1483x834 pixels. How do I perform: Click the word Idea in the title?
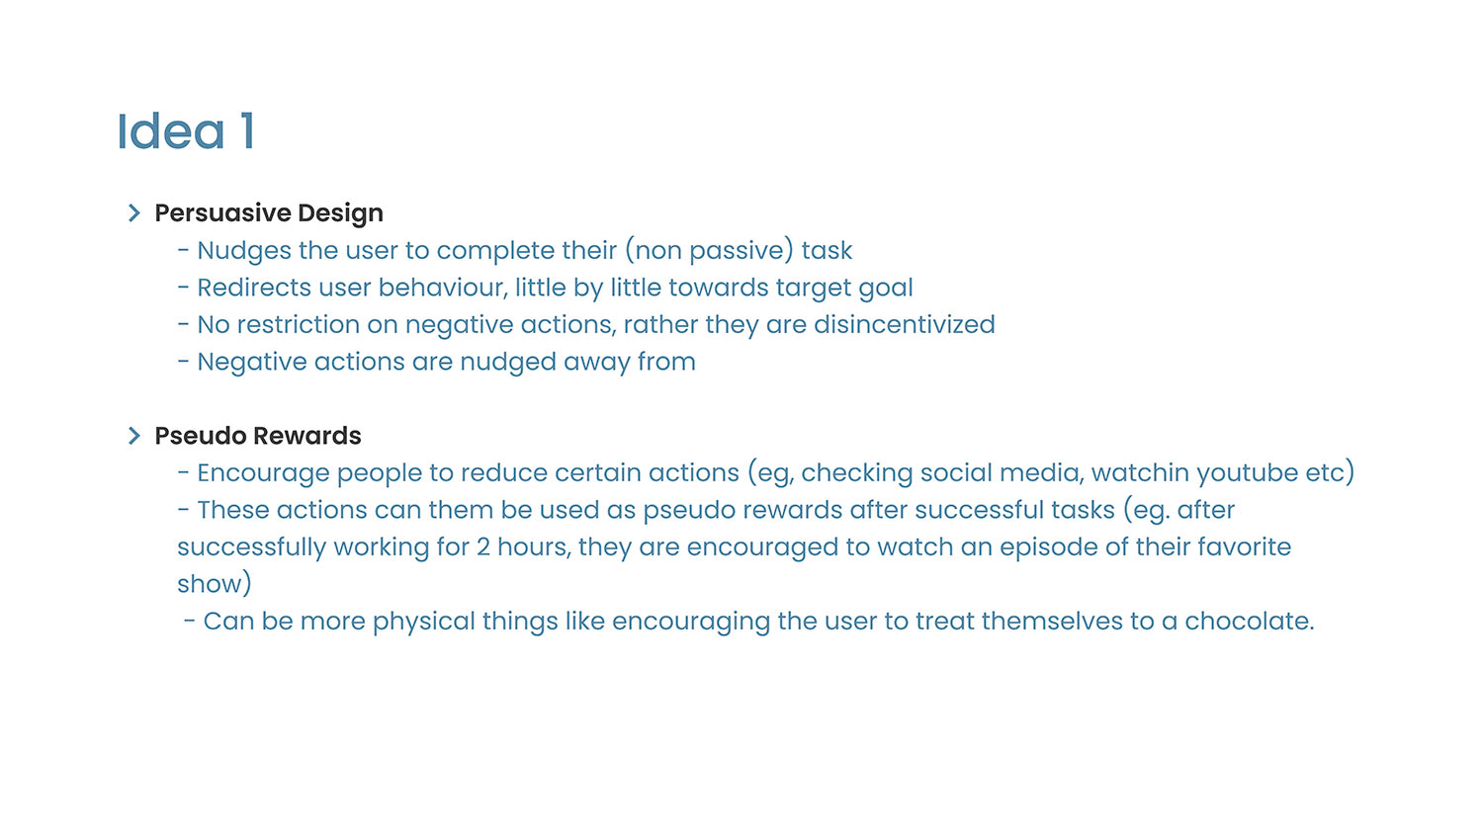(x=171, y=131)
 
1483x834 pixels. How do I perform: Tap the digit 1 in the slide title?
(x=247, y=131)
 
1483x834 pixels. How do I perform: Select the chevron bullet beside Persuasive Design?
(x=134, y=213)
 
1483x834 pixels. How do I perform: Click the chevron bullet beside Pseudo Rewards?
(x=134, y=436)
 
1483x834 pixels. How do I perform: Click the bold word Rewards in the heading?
(x=307, y=436)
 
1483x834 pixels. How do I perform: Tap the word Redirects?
(x=254, y=288)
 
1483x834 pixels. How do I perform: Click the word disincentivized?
(x=905, y=325)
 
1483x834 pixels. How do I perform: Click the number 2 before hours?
(x=483, y=547)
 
